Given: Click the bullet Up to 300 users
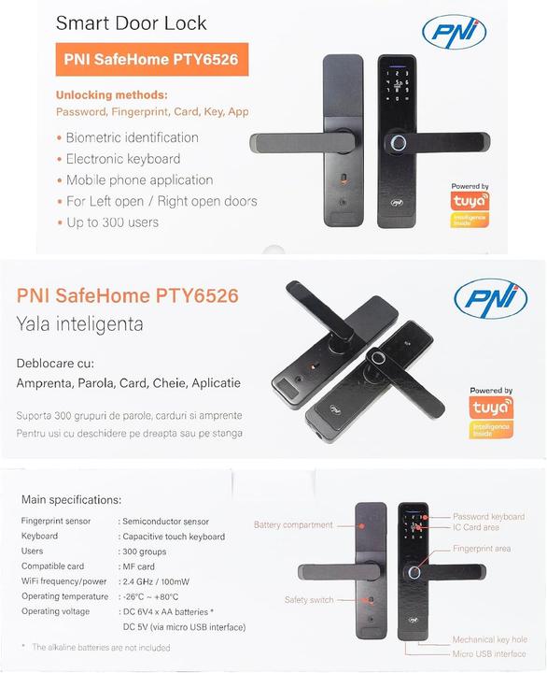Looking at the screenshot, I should tap(112, 222).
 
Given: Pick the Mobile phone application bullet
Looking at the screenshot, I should tap(139, 179).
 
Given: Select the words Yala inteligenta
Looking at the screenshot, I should tap(79, 325).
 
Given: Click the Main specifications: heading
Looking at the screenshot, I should tap(71, 500).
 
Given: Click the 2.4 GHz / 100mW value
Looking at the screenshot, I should tap(162, 581).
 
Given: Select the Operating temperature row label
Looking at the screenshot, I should tap(64, 596).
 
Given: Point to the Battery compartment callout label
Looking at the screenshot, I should tap(292, 525).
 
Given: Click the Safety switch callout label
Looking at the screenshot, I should tap(308, 599).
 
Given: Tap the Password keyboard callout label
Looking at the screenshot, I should tap(488, 516).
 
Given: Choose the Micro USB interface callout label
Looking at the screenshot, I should tap(489, 653).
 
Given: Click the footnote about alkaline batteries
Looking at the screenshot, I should tap(102, 647).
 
